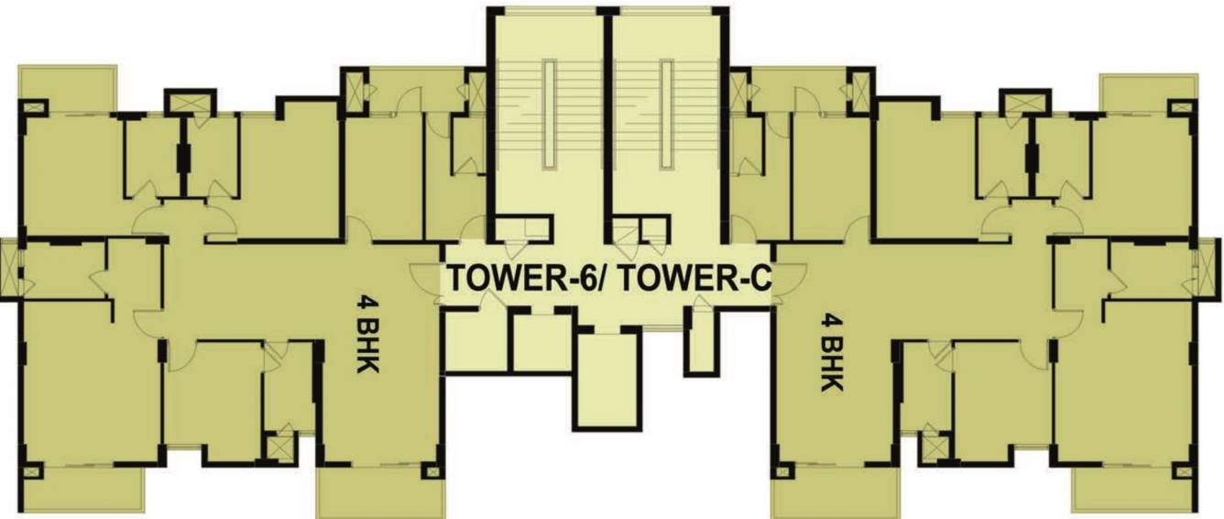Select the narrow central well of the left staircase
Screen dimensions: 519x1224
tap(549, 114)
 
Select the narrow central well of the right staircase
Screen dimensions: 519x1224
tap(666, 114)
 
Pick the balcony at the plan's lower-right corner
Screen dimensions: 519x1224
tap(1135, 489)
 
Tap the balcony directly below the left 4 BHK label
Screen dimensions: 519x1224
tap(380, 493)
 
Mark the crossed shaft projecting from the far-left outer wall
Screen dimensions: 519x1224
tap(8, 268)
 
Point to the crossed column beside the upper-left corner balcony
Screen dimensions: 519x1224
tap(34, 107)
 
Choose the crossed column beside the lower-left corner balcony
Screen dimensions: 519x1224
tap(33, 472)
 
